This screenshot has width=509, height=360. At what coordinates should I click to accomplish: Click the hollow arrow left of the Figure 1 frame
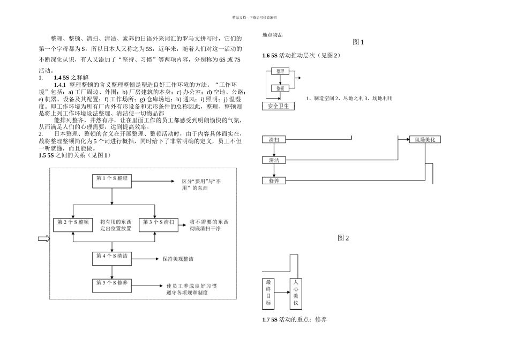tap(43, 239)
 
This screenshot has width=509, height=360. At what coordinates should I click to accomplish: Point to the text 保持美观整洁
tap(178, 259)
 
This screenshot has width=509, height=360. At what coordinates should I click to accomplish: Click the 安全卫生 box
tap(278, 106)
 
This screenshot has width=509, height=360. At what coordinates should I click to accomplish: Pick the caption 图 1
tap(358, 42)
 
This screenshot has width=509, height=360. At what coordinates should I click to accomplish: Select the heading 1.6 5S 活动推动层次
tap(301, 56)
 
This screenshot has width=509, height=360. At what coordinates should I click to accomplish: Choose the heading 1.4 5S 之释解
tap(71, 78)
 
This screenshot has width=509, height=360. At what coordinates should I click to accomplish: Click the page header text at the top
tap(254, 17)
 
